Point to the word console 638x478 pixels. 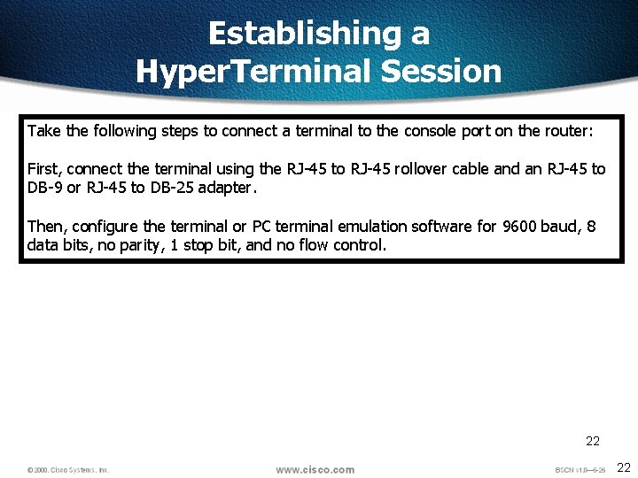[x=430, y=131]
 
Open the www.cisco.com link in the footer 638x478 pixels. [x=315, y=469]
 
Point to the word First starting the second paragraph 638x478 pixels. [x=43, y=169]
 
